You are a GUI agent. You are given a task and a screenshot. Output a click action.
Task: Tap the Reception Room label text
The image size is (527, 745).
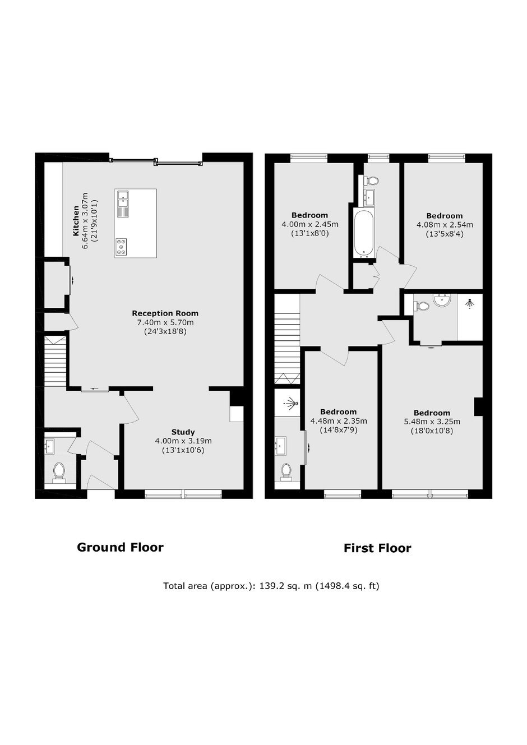coord(165,313)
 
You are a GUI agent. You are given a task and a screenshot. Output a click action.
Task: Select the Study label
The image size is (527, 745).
coord(183,432)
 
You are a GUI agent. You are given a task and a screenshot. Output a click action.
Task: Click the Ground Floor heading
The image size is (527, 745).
coord(120,547)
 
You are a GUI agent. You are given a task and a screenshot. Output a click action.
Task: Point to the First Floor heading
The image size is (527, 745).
coord(377,548)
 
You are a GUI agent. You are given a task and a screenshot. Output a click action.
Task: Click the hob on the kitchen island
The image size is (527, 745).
coord(122,247)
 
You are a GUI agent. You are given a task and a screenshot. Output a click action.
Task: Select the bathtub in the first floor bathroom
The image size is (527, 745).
coord(364,233)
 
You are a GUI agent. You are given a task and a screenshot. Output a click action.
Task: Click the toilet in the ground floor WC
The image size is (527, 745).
coord(59,472)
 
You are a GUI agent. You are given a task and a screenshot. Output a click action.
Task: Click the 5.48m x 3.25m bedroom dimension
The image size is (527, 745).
coord(432,422)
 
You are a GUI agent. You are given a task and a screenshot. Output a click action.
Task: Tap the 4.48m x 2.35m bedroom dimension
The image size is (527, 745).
coord(339,421)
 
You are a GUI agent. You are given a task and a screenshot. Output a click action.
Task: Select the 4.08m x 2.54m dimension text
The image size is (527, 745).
coord(445,225)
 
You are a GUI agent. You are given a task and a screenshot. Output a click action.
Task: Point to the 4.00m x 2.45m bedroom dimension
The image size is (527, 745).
coord(310,224)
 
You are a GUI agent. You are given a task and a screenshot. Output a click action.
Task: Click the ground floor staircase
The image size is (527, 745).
coord(56,362)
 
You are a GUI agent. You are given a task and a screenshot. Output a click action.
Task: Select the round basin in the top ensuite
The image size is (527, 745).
coord(442,300)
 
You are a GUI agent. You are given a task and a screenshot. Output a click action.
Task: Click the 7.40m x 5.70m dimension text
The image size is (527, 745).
coord(165,322)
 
